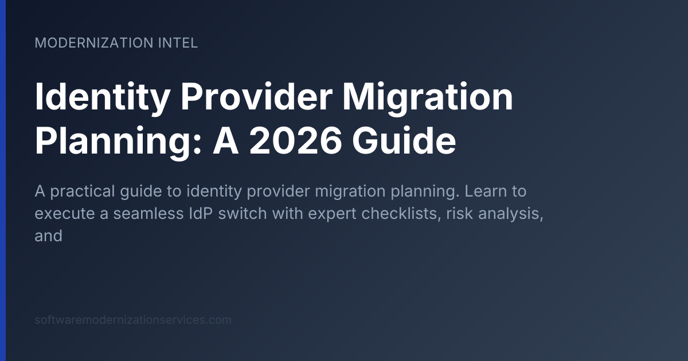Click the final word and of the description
[x=48, y=235]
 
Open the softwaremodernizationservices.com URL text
[x=133, y=320]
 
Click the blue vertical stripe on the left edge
[x=3, y=180]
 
